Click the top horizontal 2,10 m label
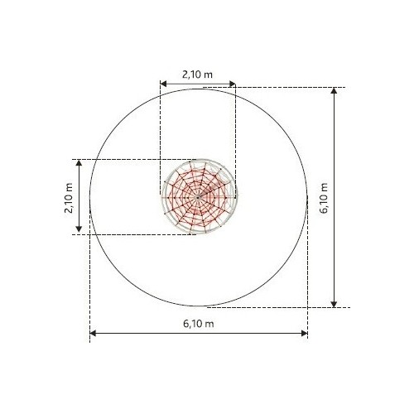tap(197, 75)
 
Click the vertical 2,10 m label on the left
tap(69, 198)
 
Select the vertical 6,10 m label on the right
tap(324, 198)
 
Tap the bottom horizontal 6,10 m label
tap(199, 324)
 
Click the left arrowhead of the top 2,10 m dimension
tap(163, 84)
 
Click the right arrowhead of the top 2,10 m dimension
tap(233, 84)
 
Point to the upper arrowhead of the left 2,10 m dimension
tap(79, 163)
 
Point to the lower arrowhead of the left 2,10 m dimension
tap(79, 229)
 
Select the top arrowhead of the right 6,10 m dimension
tap(334, 91)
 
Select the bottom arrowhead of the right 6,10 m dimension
tap(334, 304)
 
